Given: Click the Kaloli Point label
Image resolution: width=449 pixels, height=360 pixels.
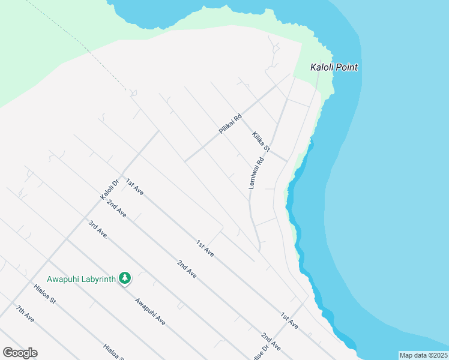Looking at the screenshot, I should tap(334, 67).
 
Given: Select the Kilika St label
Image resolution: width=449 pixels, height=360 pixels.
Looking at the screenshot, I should tap(262, 141).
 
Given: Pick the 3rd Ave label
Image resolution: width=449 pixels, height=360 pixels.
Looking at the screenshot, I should tap(98, 230).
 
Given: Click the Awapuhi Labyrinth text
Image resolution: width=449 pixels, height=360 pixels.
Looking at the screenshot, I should tap(82, 279).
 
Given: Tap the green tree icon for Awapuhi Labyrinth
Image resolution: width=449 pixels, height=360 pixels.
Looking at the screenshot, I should tap(125, 278).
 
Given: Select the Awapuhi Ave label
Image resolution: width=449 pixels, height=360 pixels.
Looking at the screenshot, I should tap(150, 311).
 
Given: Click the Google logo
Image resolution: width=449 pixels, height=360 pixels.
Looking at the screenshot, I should tap(20, 353).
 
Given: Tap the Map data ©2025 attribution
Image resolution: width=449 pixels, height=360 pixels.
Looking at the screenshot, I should tap(423, 355).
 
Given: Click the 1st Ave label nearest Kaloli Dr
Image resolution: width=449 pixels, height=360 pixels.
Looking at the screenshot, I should tap(134, 187).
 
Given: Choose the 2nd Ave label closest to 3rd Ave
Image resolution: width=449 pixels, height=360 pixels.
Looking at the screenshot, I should tap(116, 208).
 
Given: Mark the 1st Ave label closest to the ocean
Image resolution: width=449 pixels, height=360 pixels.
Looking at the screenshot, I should tap(289, 320).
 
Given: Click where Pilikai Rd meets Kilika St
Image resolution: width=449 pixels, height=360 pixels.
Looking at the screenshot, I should tap(241, 117).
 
